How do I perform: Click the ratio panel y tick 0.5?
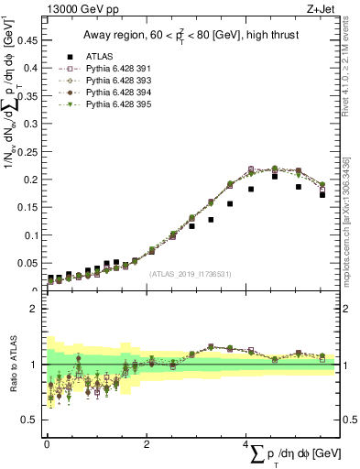click(32, 420)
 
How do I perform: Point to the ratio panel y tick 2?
click(36, 309)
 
